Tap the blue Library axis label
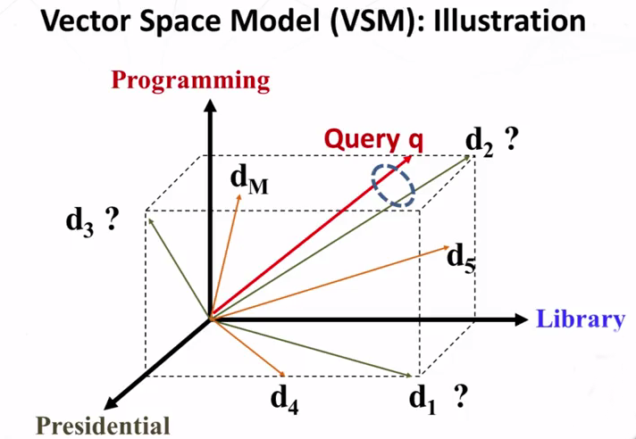point(581,319)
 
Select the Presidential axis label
point(102,426)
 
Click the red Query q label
point(374,140)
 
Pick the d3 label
point(79,223)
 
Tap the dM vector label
point(249,181)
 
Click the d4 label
point(285,401)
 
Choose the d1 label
point(423,401)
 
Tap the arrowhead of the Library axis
point(521,319)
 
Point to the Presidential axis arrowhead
point(111,407)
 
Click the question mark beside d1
point(459,397)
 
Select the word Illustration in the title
point(509,22)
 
